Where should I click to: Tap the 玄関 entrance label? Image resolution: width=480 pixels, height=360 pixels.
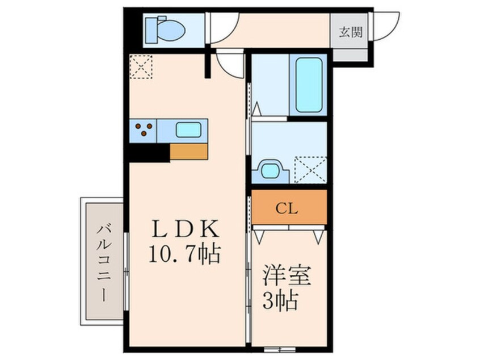coord(351,32)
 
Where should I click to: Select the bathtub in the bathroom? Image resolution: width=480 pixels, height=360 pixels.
coord(309,85)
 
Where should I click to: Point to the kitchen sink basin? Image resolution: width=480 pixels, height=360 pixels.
coord(188,130)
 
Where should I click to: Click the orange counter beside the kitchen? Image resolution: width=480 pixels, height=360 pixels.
coord(189,151)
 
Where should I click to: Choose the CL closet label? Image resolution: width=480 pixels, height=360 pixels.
coord(289,207)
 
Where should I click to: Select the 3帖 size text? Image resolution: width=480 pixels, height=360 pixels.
coord(280,302)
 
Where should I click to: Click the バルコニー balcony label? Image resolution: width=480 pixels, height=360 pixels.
coord(103,262)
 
